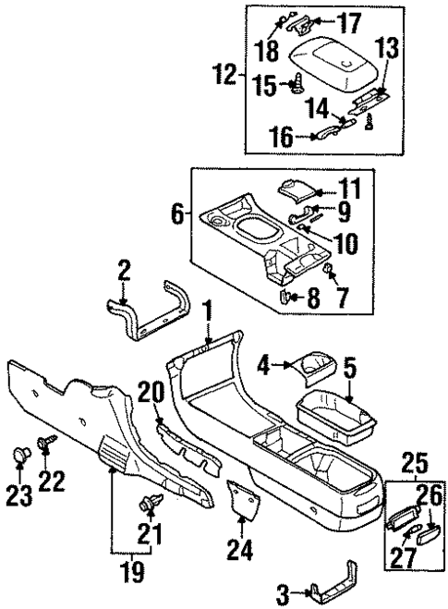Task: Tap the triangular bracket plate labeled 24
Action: click(x=242, y=500)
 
